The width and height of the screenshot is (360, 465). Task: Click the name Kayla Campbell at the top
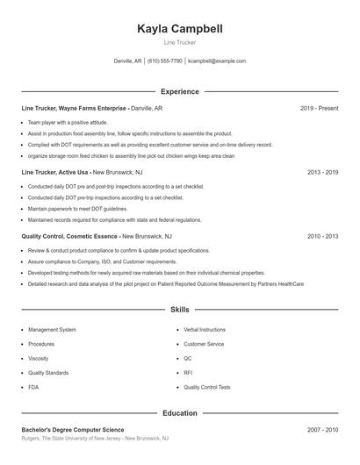pyautogui.click(x=180, y=29)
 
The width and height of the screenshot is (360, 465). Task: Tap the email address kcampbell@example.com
pyautogui.click(x=217, y=61)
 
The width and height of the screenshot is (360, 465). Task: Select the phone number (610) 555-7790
pyautogui.click(x=164, y=61)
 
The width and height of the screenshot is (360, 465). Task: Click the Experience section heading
pyautogui.click(x=180, y=91)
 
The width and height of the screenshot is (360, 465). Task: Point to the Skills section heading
pyautogui.click(x=180, y=310)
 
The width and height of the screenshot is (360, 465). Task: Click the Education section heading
pyautogui.click(x=180, y=412)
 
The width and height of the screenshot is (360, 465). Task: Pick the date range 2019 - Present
pyautogui.click(x=319, y=108)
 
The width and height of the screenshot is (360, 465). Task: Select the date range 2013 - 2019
pyautogui.click(x=323, y=172)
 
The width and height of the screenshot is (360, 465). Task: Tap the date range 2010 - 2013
pyautogui.click(x=323, y=236)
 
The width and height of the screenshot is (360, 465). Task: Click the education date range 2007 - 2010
pyautogui.click(x=323, y=429)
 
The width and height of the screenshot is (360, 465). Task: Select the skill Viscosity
pyautogui.click(x=40, y=358)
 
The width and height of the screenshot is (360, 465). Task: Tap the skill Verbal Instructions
pyautogui.click(x=205, y=330)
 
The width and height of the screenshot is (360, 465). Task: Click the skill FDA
pyautogui.click(x=33, y=387)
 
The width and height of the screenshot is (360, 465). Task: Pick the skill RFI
pyautogui.click(x=188, y=372)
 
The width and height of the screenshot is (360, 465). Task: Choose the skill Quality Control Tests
pyautogui.click(x=207, y=387)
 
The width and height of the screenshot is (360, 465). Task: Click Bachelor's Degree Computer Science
pyautogui.click(x=79, y=429)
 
